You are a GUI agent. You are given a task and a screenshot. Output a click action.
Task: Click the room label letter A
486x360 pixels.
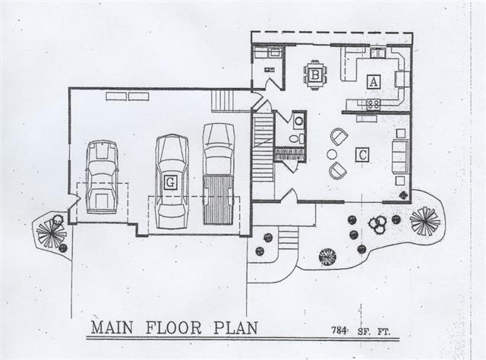coord(374,82)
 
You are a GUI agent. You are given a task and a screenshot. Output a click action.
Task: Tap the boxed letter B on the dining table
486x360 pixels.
coord(315,75)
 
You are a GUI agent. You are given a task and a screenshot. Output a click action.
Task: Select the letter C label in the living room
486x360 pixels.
coord(362,154)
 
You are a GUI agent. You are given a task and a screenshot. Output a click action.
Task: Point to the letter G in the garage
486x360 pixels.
coord(170,182)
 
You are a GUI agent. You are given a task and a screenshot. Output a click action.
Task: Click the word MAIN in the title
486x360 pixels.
coord(112,328)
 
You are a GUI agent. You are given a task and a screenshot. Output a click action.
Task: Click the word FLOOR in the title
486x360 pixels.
coord(174,328)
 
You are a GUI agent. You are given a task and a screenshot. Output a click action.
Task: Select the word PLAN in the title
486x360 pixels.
coord(236,328)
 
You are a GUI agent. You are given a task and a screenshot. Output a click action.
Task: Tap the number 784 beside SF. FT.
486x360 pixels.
coord(339,330)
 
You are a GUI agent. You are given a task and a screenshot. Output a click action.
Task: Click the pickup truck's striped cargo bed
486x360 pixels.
coord(218,200)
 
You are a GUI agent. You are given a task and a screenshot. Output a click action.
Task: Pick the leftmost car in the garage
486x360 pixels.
coord(102,177)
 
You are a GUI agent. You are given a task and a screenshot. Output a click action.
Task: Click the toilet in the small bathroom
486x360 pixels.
coord(295,138)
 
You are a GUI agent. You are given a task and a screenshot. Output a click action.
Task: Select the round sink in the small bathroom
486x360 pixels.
coord(298,121)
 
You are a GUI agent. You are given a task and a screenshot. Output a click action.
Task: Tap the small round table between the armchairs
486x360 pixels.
coord(332,154)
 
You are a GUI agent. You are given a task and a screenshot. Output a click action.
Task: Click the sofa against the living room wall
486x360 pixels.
coord(400,156)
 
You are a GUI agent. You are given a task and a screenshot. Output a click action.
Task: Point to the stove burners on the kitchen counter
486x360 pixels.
coord(373,103)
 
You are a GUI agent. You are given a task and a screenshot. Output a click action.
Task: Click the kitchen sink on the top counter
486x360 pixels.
coord(377,52)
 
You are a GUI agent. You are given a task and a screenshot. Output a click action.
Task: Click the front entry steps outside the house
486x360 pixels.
coord(289,238)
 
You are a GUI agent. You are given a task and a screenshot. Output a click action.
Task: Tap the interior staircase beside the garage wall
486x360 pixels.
coord(264,147)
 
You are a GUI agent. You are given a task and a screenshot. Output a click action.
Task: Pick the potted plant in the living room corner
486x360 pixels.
coord(403,195)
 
